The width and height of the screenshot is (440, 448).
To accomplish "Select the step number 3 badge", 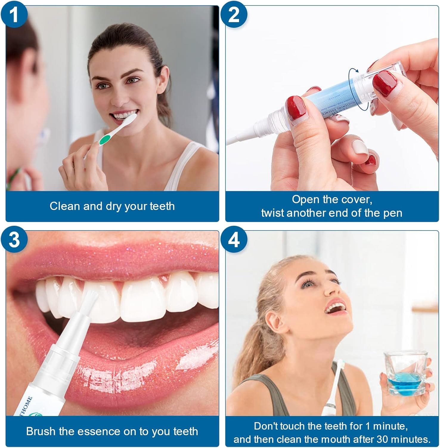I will point(14,240).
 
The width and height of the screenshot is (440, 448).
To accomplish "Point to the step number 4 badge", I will point(234,240).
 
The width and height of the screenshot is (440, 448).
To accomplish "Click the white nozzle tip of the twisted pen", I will point(236,140).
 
